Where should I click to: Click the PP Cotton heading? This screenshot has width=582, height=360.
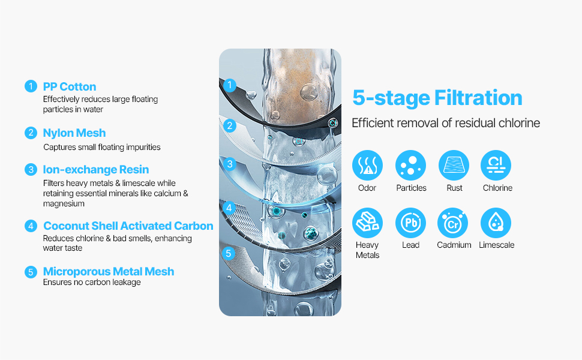pos(70,86)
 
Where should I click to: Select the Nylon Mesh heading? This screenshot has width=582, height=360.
pos(74,133)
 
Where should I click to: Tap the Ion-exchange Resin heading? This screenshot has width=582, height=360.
pos(96,169)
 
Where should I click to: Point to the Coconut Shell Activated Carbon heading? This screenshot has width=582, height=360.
pos(128,226)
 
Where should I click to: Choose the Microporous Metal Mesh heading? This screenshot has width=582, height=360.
pos(109,271)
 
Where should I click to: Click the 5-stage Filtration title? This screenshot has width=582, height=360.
pos(437,98)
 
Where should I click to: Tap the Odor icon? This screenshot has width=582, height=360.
pos(367,165)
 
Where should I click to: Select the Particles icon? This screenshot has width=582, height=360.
pos(410,165)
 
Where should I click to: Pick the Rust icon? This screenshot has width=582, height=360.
pos(454,165)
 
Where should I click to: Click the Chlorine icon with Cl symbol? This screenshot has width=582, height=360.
pos(496,165)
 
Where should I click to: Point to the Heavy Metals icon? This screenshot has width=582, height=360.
pos(367,223)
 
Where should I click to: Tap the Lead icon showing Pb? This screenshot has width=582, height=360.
pos(410,223)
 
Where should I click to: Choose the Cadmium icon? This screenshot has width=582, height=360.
pos(453,223)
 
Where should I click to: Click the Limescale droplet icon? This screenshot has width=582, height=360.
pos(496,223)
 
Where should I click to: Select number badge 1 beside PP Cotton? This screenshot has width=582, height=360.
pos(31,86)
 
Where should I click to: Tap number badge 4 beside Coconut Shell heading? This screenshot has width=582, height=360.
pos(31,226)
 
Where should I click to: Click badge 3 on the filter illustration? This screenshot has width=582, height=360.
pos(230,164)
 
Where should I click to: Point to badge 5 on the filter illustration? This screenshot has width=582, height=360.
pos(228,253)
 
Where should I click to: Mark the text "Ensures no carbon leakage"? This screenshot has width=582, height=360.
pos(92,283)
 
